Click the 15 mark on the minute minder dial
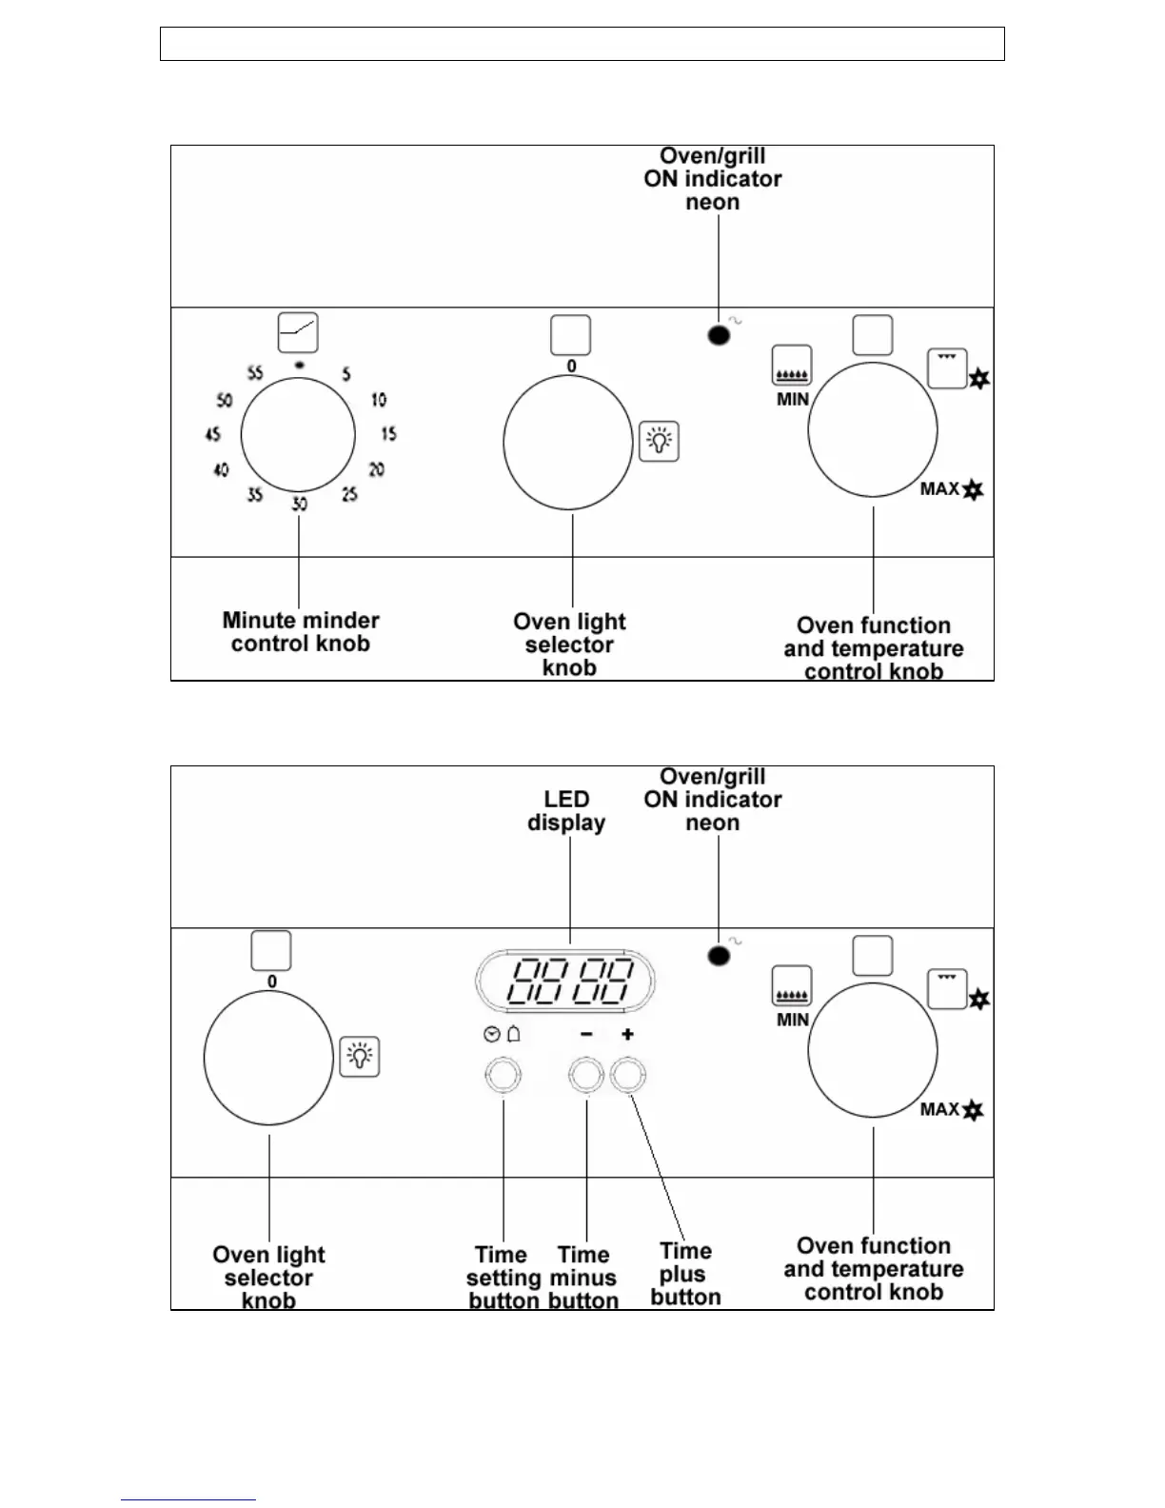[x=388, y=434]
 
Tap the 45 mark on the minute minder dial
[x=212, y=434]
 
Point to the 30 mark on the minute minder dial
[x=299, y=504]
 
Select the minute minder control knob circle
[x=298, y=435]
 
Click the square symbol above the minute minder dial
[x=298, y=333]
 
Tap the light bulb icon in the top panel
[x=659, y=441]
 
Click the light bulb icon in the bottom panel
[x=360, y=1056]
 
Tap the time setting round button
[x=503, y=1077]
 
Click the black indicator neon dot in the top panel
[x=719, y=335]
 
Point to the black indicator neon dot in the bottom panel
[x=719, y=956]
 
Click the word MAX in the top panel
[x=939, y=489]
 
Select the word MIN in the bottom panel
[x=793, y=1020]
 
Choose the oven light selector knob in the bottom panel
[x=268, y=1058]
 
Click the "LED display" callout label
[x=566, y=811]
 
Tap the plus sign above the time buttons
[x=627, y=1034]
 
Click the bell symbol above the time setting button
[x=514, y=1034]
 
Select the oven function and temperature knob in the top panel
[x=873, y=429]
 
